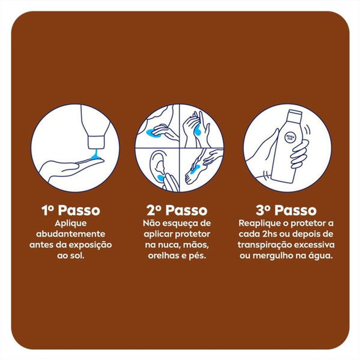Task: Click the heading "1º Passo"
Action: click(x=71, y=210)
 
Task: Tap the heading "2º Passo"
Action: click(x=177, y=210)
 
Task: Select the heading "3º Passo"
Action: click(x=286, y=210)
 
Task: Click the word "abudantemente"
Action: click(x=71, y=234)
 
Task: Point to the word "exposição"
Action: click(x=91, y=245)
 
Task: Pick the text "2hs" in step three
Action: click(x=269, y=234)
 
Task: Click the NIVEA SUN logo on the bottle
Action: click(x=290, y=137)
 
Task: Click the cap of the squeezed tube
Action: click(x=96, y=142)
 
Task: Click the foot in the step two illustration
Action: click(x=194, y=171)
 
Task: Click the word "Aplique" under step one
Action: click(x=71, y=223)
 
